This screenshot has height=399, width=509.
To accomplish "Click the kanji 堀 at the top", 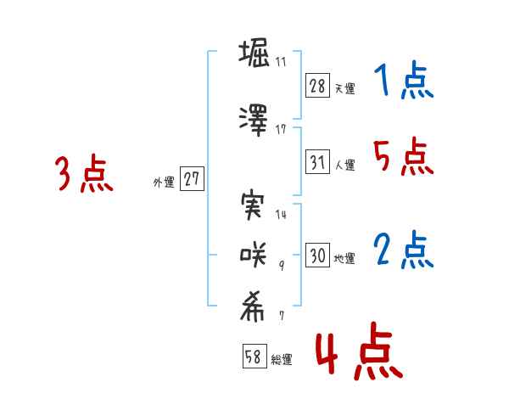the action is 254,53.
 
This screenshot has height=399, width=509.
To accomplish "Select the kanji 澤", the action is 254,120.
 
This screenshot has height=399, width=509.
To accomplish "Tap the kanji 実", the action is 253,205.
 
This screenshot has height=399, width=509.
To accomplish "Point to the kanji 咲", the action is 253,255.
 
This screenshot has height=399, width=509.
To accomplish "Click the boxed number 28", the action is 317,86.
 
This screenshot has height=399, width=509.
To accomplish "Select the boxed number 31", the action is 317,161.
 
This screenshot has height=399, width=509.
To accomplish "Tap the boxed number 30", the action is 317,255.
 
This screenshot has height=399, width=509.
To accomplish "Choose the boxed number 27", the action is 192,178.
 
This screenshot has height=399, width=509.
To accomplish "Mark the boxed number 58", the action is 255,356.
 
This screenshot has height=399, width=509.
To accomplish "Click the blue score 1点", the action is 404,80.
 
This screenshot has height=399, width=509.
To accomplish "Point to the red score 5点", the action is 404,156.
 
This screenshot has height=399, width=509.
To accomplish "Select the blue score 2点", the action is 404,250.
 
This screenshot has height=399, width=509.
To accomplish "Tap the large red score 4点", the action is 360,351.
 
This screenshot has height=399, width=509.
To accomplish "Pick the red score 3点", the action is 84,173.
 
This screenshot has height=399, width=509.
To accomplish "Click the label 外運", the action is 164,183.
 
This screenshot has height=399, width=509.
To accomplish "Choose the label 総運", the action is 282,360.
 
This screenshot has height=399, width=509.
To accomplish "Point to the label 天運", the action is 345,88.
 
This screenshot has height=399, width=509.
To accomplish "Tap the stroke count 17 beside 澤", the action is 281,130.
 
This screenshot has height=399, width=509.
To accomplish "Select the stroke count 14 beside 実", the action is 281,214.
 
